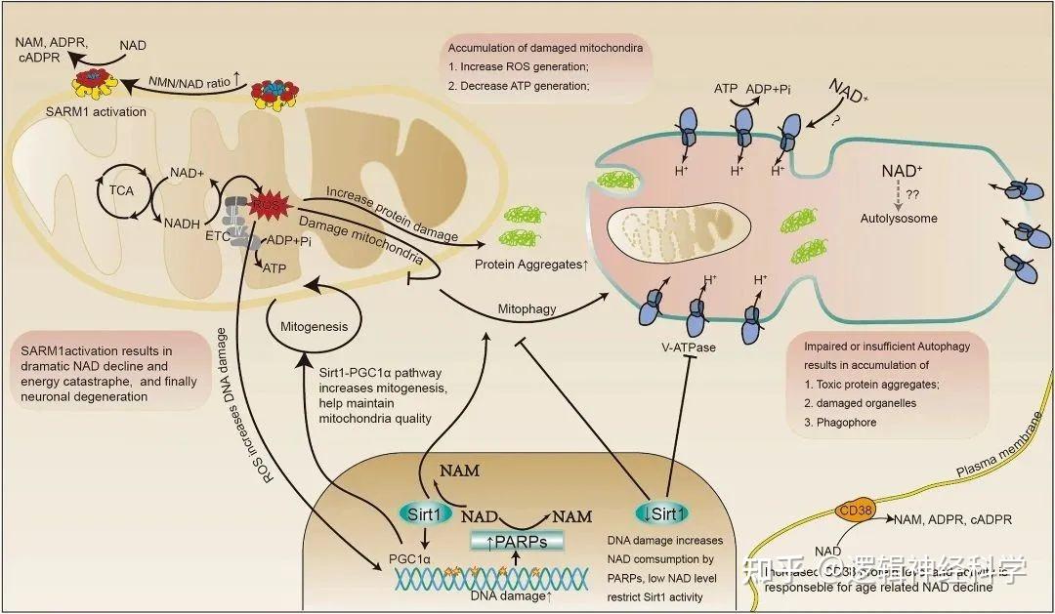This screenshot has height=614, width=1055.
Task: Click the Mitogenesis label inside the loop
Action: point(313,327)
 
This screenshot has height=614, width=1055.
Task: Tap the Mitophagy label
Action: point(527,308)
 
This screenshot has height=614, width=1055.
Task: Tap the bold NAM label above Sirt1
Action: point(458,471)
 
